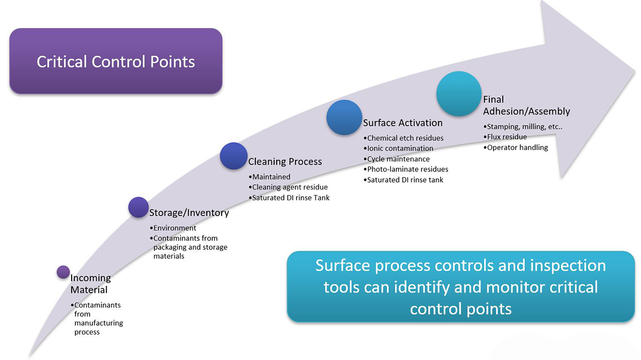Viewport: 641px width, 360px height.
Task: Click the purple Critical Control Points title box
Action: pyautogui.click(x=115, y=61)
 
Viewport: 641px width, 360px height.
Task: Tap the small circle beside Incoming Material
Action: pyautogui.click(x=63, y=272)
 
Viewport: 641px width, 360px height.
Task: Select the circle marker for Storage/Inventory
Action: pyautogui.click(x=139, y=207)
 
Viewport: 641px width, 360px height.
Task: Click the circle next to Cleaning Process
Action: pyautogui.click(x=234, y=156)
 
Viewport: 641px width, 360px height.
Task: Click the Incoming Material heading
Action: pyautogui.click(x=90, y=284)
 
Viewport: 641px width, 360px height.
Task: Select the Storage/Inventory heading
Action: pyautogui.click(x=189, y=213)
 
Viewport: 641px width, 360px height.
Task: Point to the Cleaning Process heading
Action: pyautogui.click(x=285, y=161)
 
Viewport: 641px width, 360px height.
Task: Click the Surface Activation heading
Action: pyautogui.click(x=403, y=123)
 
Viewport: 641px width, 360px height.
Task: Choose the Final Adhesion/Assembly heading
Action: pyautogui.click(x=526, y=105)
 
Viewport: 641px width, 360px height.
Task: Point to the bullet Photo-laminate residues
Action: pyautogui.click(x=407, y=169)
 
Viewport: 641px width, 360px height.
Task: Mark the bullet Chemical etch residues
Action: pyautogui.click(x=405, y=138)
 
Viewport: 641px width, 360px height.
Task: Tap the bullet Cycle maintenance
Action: pyautogui.click(x=398, y=159)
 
